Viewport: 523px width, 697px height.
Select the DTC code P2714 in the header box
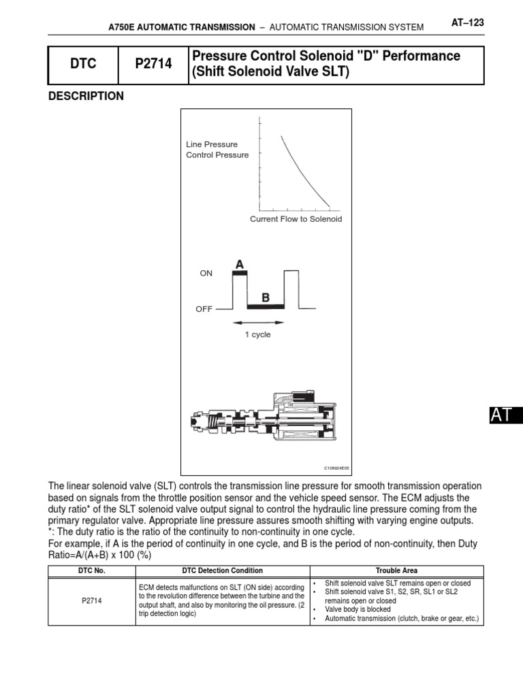coord(153,65)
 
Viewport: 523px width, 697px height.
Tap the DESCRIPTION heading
coord(86,97)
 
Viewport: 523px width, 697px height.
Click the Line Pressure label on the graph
coord(212,144)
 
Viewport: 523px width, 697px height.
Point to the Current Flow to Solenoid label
coord(296,219)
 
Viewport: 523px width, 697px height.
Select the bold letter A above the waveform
coord(239,263)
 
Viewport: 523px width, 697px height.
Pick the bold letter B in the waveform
coord(265,297)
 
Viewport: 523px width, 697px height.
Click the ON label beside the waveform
coord(206,273)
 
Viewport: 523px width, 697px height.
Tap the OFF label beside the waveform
coord(204,308)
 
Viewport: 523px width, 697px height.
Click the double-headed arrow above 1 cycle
coord(258,322)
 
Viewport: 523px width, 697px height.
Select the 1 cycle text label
coord(258,335)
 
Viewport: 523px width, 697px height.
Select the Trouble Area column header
coord(396,570)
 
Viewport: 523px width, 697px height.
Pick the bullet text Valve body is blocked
coord(358,610)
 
